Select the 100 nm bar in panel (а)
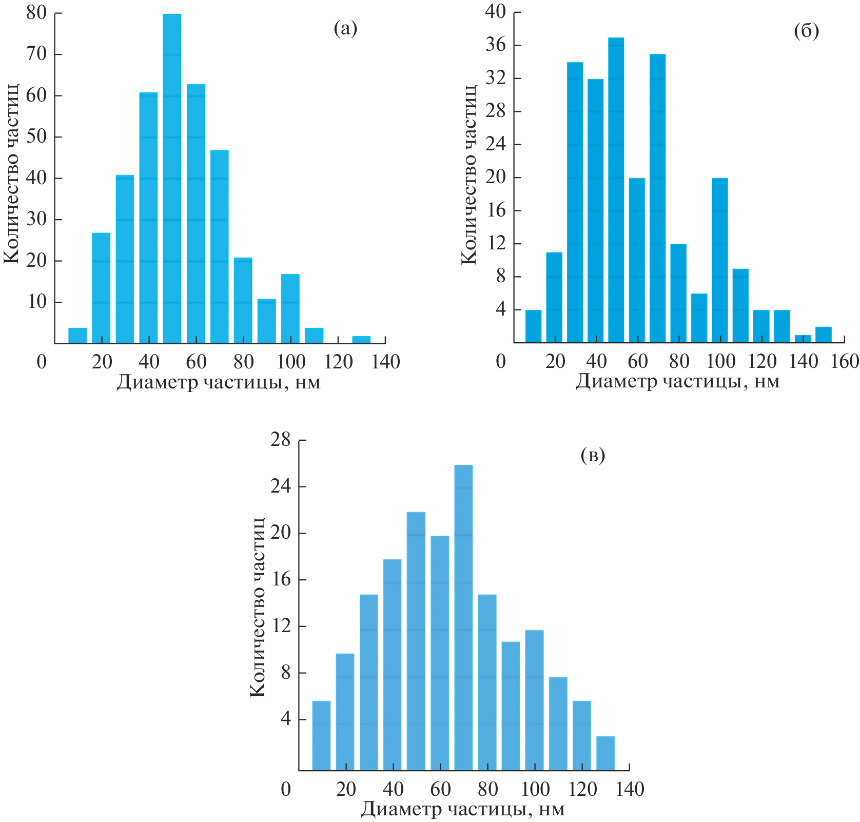pos(290,308)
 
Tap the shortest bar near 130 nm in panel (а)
pos(361,340)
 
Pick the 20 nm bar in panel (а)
pos(101,288)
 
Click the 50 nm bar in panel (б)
pos(616,190)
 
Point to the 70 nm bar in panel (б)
pos(657,198)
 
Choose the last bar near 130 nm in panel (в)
pos(605,753)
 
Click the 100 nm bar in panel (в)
pos(534,700)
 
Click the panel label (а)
pos(345,29)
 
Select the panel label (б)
pos(806,31)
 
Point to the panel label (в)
pos(593,455)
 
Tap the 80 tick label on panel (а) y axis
pos(36,12)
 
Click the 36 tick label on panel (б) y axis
pos(495,45)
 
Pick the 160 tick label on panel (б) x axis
pos(845,362)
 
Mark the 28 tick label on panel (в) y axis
pos(280,440)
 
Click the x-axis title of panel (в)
pos(462,809)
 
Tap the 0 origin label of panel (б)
pos(501,362)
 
